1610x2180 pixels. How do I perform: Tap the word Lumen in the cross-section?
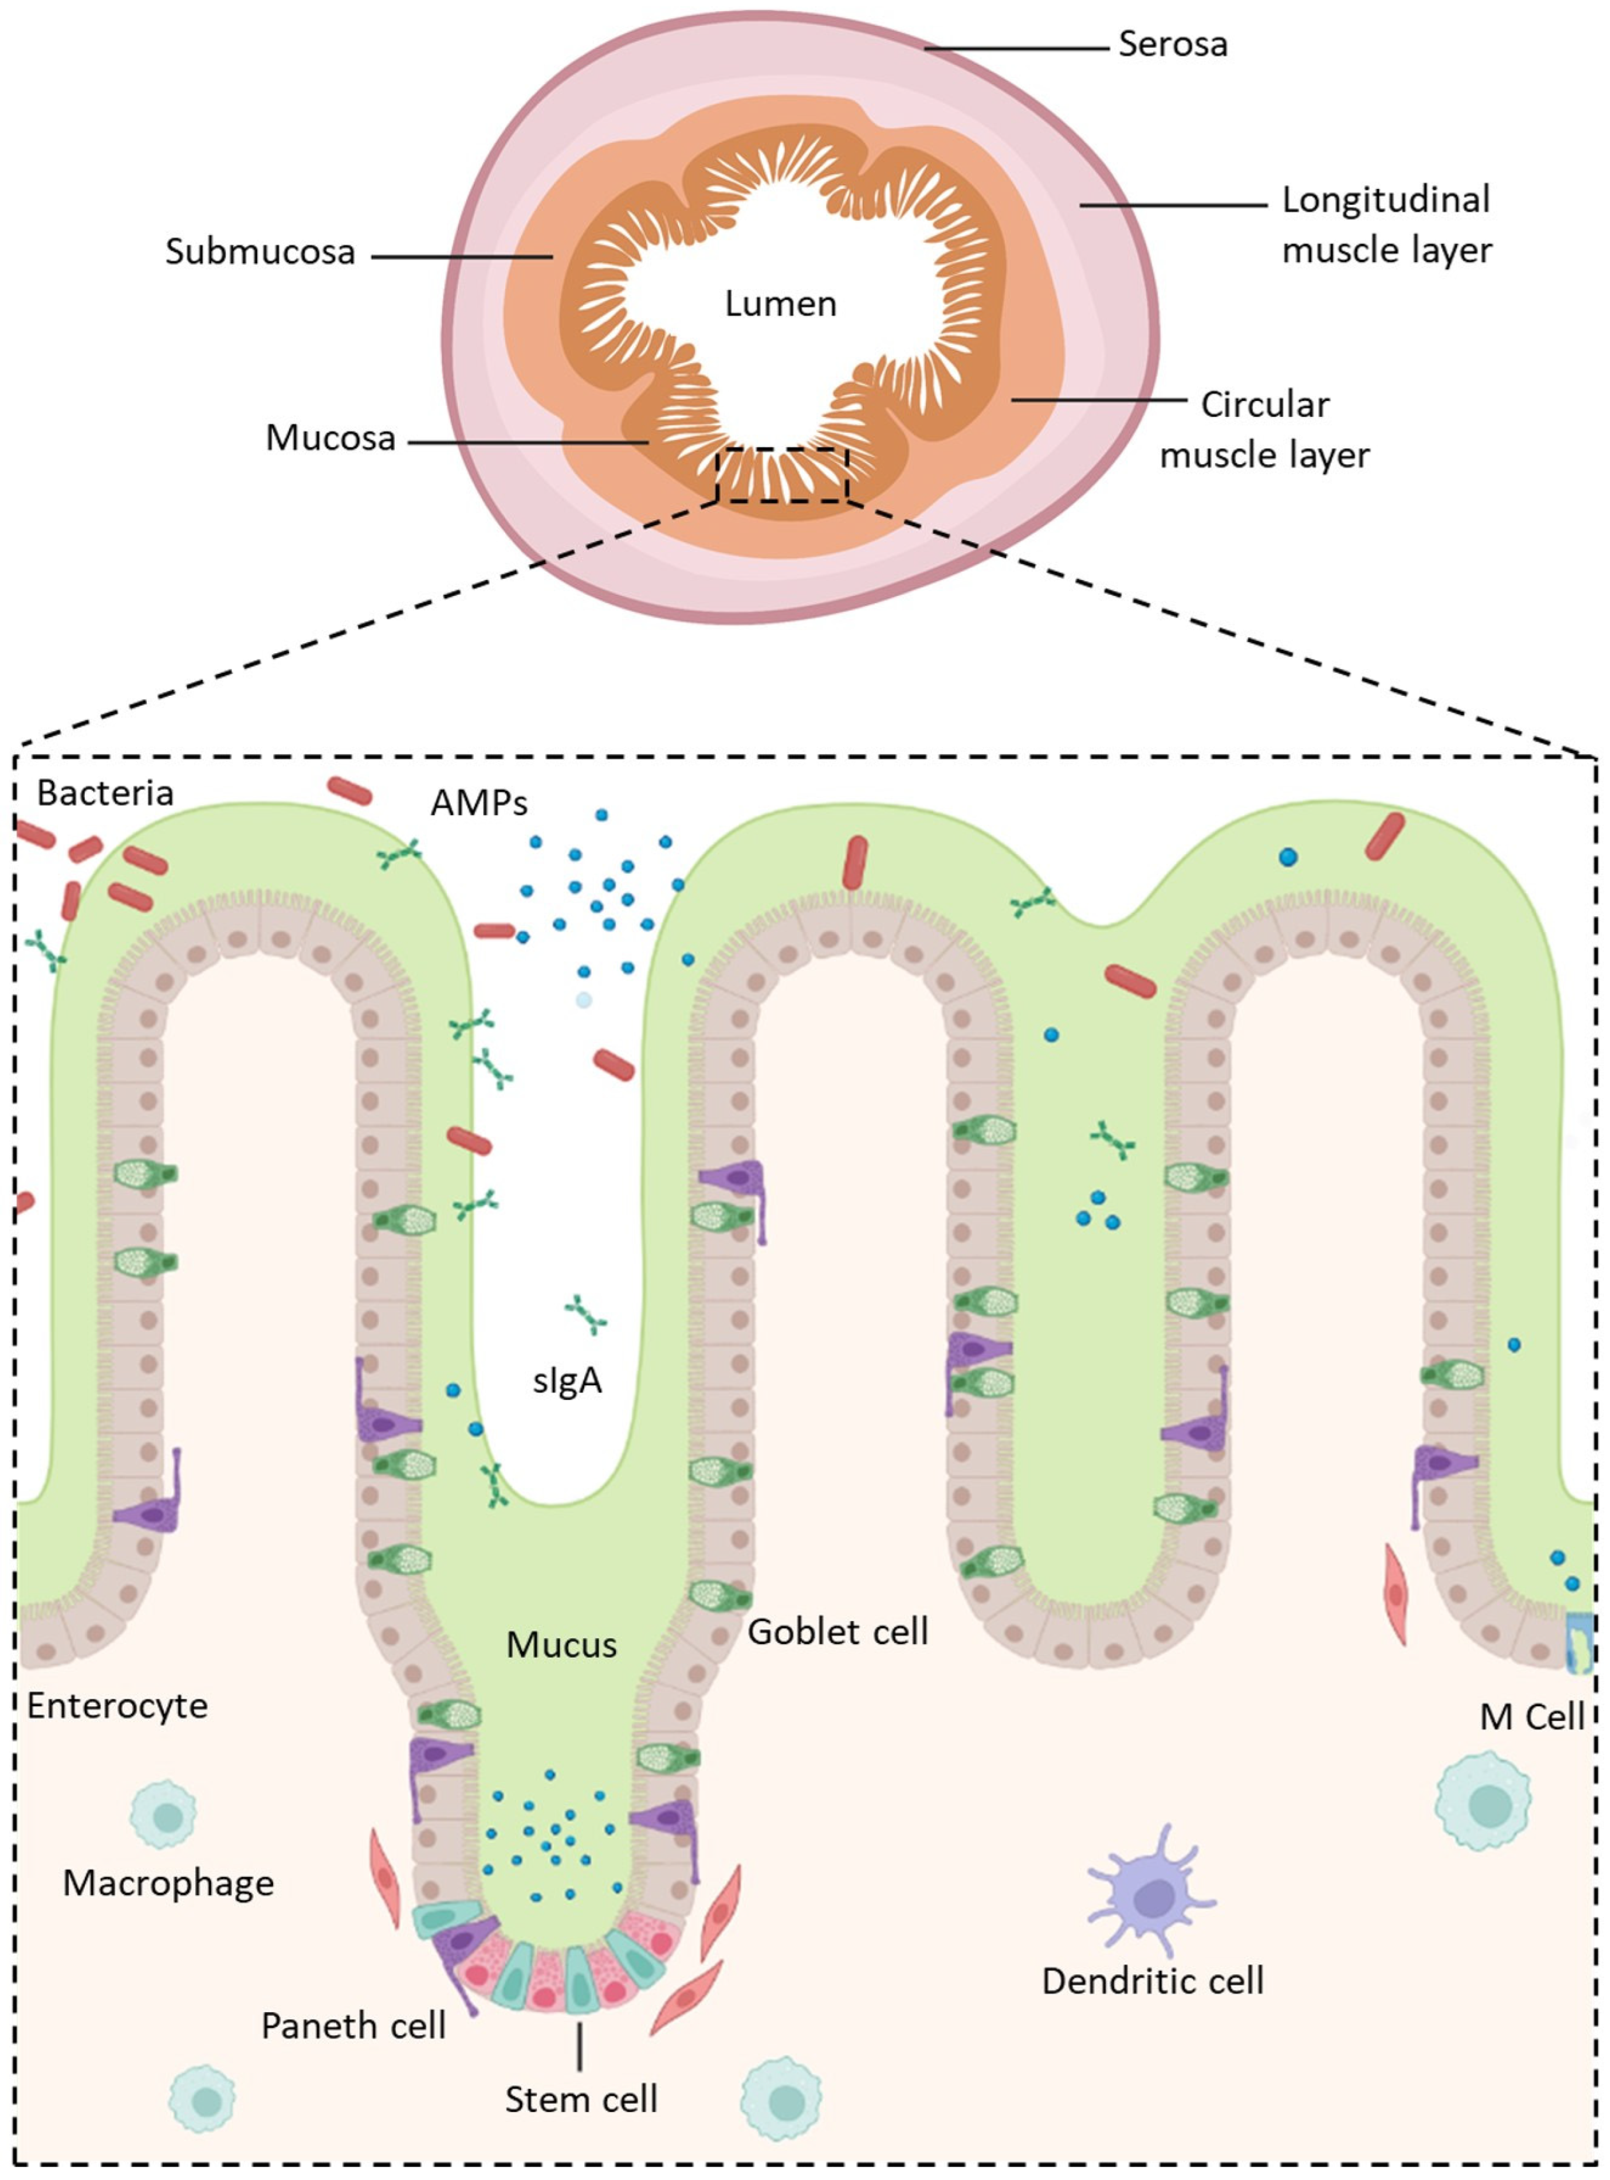780,304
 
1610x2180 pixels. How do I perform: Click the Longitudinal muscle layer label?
1386,225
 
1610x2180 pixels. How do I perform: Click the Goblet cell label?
837,1631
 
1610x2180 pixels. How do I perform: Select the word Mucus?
561,1645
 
